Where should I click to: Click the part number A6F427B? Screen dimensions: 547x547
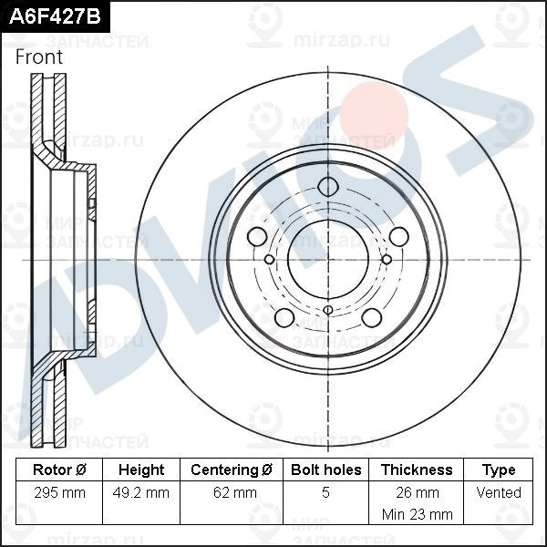tap(55, 16)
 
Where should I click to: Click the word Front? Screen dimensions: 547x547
tap(39, 57)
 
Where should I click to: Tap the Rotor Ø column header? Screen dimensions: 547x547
tap(59, 470)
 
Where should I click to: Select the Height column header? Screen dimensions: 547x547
tap(141, 470)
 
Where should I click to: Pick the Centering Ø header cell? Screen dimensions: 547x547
tap(232, 470)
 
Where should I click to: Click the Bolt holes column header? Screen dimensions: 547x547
tap(325, 470)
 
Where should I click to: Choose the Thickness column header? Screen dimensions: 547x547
tap(417, 470)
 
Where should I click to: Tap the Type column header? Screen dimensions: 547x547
tap(499, 470)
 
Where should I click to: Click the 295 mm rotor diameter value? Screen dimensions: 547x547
tap(59, 492)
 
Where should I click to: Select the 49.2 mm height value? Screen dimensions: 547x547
tap(141, 492)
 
